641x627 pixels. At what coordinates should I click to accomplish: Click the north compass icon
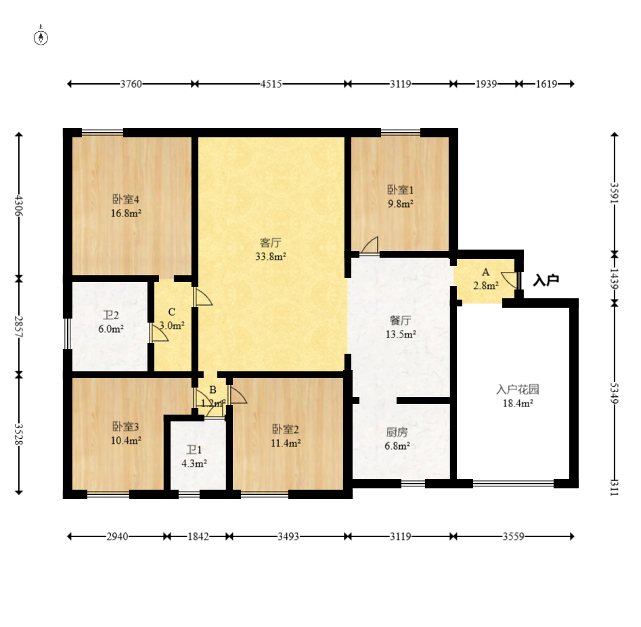[41, 37]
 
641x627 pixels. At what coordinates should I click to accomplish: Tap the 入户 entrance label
[546, 280]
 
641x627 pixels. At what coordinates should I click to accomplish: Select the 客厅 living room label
[270, 243]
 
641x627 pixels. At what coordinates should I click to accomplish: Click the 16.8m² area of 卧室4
[126, 213]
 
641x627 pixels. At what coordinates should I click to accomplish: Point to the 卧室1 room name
[400, 190]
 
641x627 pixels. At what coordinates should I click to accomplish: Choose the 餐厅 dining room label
[400, 320]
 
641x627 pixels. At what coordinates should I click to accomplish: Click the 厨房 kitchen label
[397, 432]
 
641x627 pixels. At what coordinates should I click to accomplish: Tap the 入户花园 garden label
[518, 390]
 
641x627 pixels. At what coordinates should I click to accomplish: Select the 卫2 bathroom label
[111, 315]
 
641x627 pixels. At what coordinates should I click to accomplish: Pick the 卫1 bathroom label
[194, 450]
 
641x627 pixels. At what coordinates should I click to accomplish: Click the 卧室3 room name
[125, 426]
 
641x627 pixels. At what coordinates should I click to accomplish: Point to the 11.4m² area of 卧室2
[286, 443]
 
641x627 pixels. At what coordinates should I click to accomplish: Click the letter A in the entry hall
[485, 272]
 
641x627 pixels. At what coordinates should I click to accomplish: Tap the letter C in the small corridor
[172, 312]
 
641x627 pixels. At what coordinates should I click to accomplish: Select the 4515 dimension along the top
[271, 84]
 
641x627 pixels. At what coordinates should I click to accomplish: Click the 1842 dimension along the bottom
[198, 536]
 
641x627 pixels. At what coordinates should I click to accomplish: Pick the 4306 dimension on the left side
[19, 206]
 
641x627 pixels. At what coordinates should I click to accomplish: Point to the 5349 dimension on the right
[615, 393]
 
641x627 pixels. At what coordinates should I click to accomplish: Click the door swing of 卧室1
[370, 245]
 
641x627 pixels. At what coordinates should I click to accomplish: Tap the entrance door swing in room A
[510, 280]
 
